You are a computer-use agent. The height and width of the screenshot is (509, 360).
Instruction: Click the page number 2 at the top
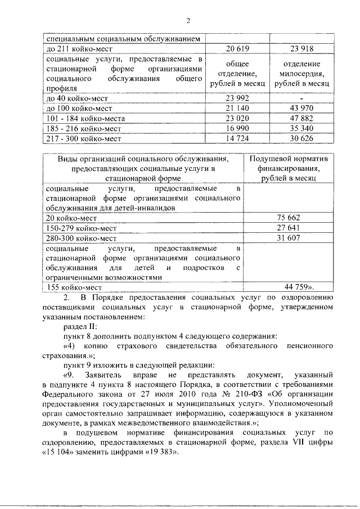coord(189,21)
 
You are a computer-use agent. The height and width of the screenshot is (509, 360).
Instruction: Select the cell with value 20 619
coord(237,49)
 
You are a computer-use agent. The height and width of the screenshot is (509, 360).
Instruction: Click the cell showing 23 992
coord(237,98)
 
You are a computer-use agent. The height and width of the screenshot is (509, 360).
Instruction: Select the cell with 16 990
coord(237,129)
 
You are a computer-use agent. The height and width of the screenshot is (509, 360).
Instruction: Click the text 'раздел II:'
coord(80,326)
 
